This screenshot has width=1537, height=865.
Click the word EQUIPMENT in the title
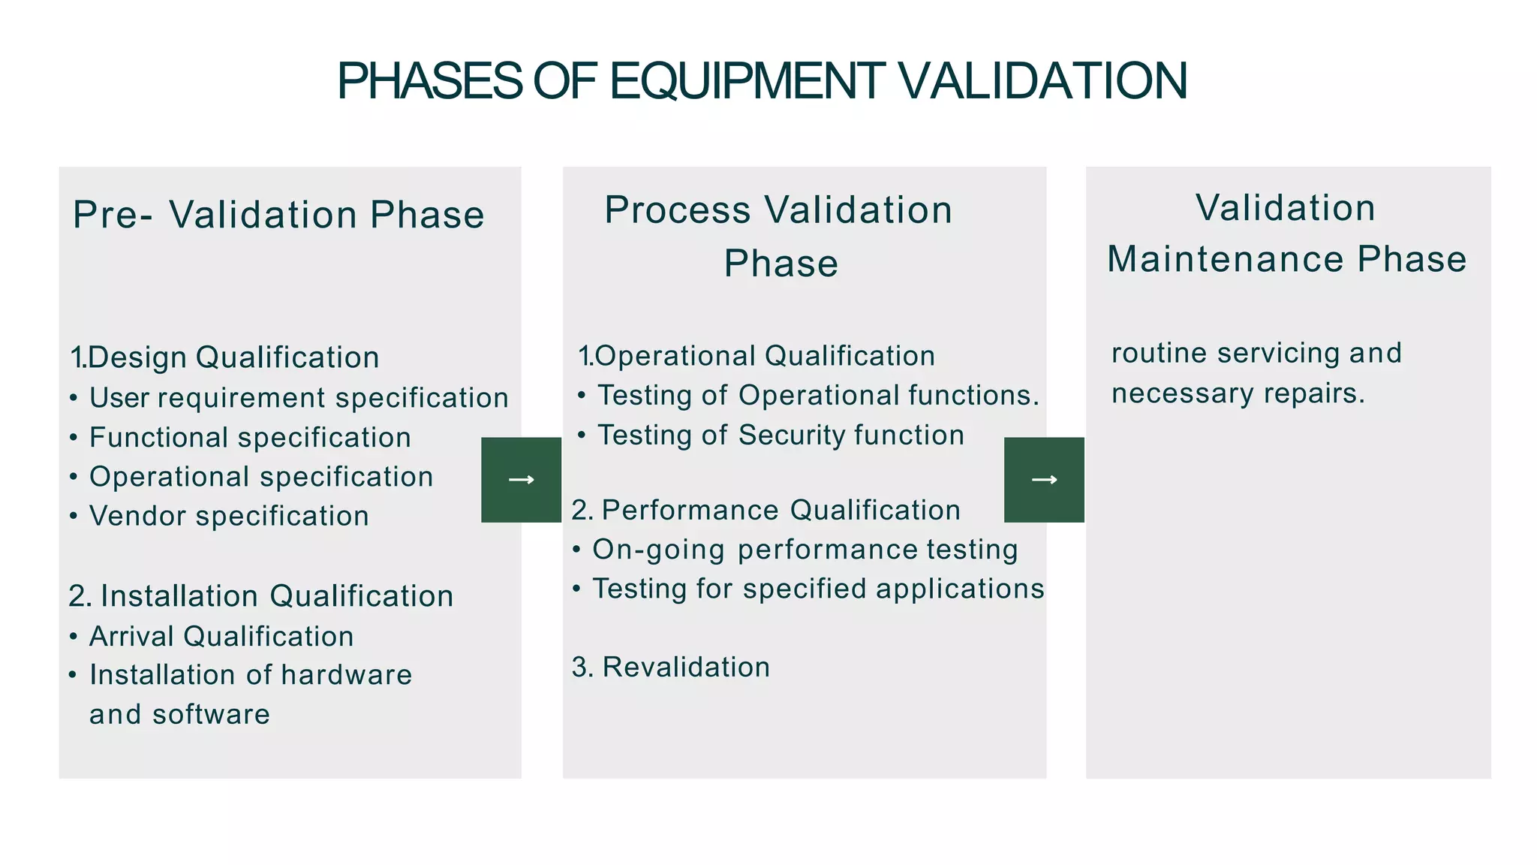click(x=747, y=81)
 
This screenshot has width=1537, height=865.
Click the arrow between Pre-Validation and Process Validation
click(x=521, y=480)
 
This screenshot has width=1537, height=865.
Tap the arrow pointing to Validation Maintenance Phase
click(x=1044, y=480)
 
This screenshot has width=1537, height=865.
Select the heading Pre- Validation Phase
click(x=278, y=215)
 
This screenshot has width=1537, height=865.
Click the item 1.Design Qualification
click(x=224, y=357)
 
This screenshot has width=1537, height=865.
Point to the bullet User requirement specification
click(x=299, y=398)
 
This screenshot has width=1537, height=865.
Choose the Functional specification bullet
click(x=250, y=438)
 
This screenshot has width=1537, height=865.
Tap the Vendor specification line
click(x=229, y=517)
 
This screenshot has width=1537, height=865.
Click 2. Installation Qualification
click(x=261, y=596)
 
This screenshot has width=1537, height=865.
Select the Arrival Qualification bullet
click(x=221, y=637)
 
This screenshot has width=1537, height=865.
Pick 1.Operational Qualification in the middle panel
click(x=756, y=356)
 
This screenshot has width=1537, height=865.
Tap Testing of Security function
click(x=781, y=436)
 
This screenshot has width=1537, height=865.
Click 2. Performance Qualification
click(x=765, y=511)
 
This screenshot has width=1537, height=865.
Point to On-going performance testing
click(x=805, y=550)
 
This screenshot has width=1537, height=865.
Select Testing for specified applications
click(x=818, y=589)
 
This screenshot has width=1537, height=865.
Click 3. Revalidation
click(x=671, y=668)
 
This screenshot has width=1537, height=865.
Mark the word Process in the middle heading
click(x=677, y=210)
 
